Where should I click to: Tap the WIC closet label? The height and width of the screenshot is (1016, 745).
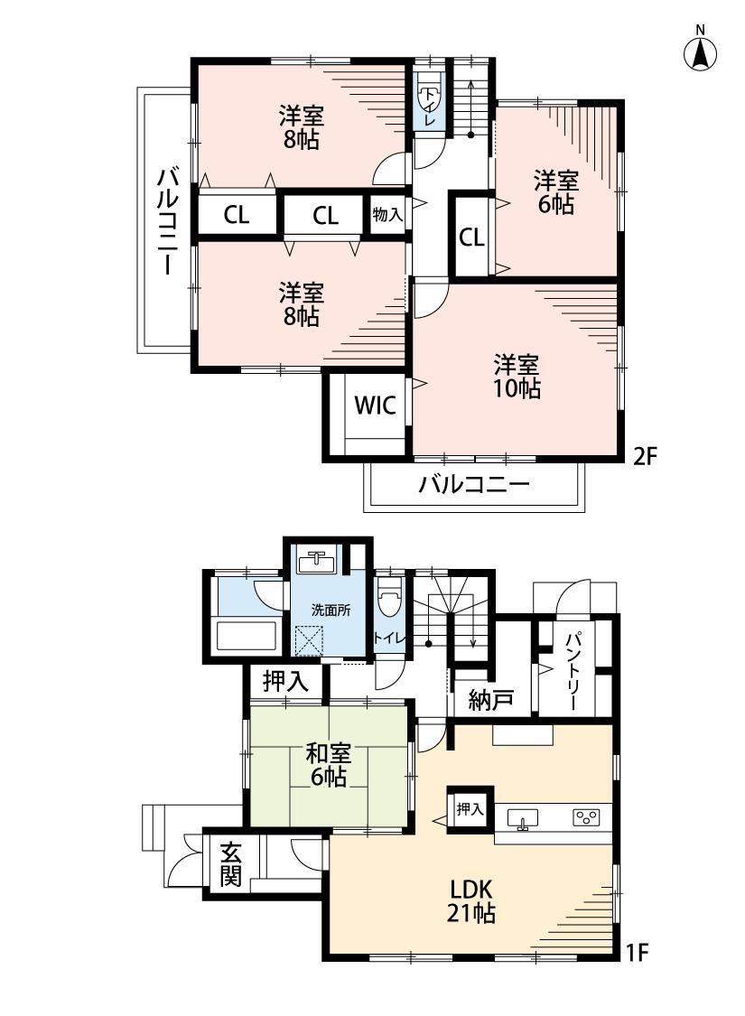point(375,406)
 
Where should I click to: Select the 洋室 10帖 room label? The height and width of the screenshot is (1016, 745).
point(517,377)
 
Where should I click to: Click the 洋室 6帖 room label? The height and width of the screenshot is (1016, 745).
point(556,192)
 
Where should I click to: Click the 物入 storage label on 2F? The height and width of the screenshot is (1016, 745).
point(387,214)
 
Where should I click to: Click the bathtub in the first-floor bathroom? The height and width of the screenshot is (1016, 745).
point(247,636)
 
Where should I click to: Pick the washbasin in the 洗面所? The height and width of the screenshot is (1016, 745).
point(316,561)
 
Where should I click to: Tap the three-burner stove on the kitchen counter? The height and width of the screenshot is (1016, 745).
point(586,817)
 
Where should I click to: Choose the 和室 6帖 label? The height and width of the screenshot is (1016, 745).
point(329,765)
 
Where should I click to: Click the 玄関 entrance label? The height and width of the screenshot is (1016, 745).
point(230,864)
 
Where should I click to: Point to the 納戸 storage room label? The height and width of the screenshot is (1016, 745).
point(491,700)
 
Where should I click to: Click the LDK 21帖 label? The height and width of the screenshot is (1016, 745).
point(471,900)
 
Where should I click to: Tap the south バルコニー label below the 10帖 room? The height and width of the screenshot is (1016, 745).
point(474,484)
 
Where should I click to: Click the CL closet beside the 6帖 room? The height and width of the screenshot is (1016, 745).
point(471,238)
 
